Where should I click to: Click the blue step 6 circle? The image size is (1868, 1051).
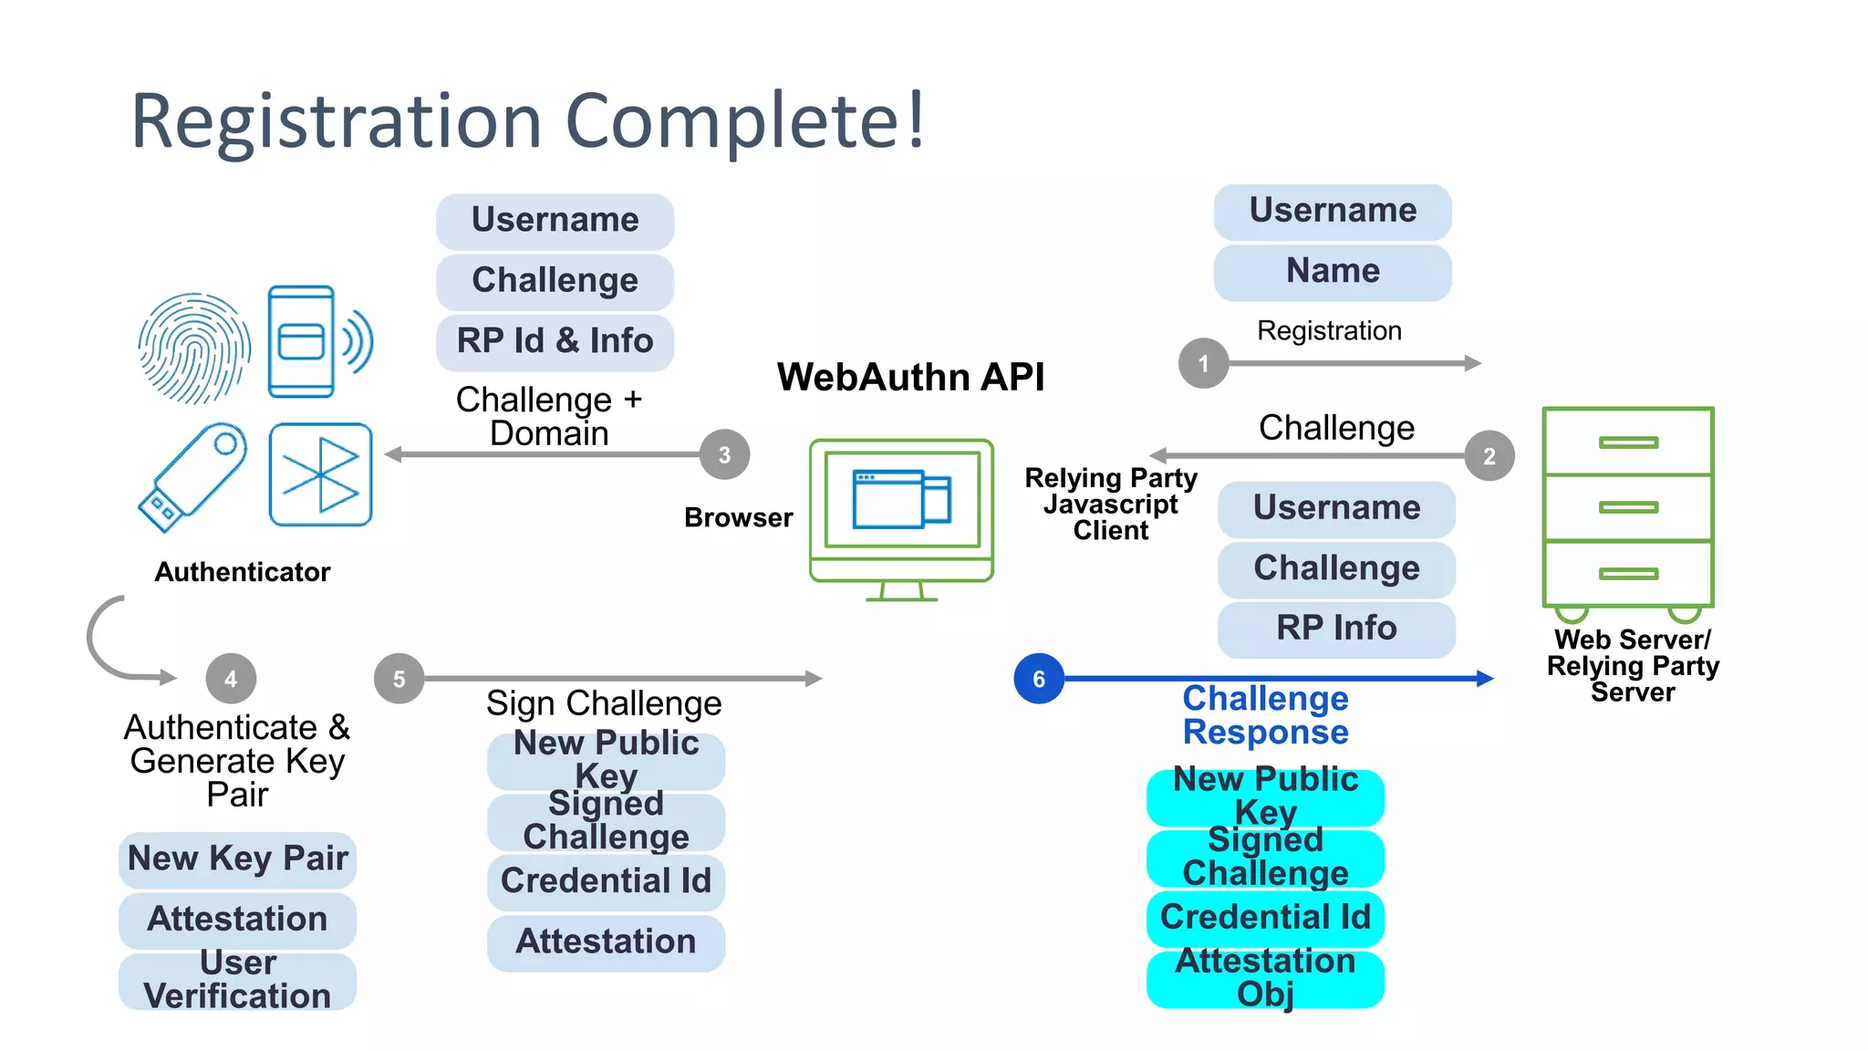(x=1039, y=679)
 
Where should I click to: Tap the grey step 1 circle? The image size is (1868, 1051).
(x=1203, y=363)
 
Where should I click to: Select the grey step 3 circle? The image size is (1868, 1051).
(x=724, y=454)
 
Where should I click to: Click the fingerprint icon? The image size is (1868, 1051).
(x=194, y=348)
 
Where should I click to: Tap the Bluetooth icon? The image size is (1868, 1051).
(x=320, y=474)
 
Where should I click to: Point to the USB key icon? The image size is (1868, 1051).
(x=192, y=476)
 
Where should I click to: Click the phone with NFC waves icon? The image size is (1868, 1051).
(x=315, y=342)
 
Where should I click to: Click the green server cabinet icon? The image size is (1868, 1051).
(x=1628, y=511)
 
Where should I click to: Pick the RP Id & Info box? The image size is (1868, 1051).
(x=555, y=341)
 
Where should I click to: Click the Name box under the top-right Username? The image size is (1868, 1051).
(x=1333, y=272)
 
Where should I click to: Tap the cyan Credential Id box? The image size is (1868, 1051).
(x=1265, y=917)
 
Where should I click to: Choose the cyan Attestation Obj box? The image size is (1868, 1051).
(x=1265, y=978)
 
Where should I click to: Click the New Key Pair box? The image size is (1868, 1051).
(x=237, y=858)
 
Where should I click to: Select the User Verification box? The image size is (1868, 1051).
(x=237, y=980)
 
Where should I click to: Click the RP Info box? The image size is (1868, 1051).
(x=1336, y=628)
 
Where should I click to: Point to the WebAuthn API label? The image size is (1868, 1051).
(x=910, y=377)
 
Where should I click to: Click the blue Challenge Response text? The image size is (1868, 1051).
(x=1265, y=715)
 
